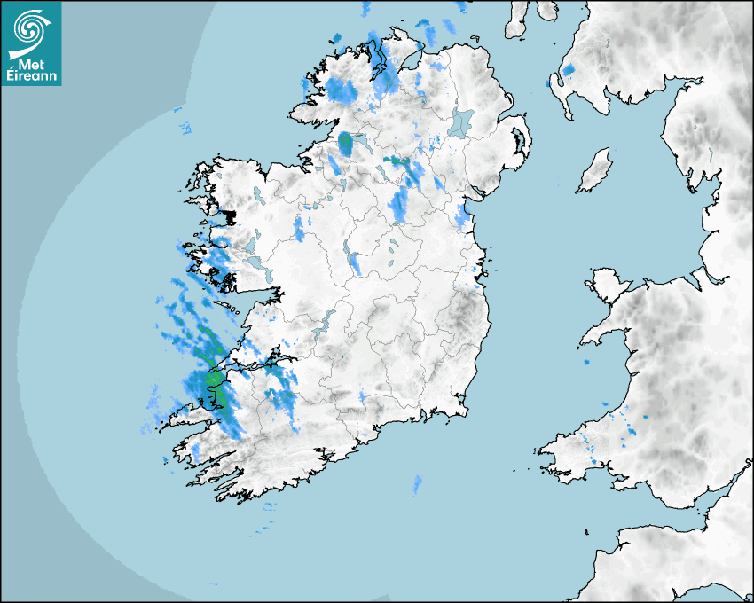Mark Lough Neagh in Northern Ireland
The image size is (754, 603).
click(x=461, y=121)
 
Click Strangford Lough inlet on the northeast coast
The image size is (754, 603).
click(x=517, y=142)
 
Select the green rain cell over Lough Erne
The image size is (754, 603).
click(x=346, y=141)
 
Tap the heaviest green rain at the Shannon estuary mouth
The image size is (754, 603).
click(x=213, y=380)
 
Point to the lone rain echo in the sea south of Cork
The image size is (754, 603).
click(x=416, y=483)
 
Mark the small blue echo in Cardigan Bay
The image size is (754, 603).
click(x=586, y=363)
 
